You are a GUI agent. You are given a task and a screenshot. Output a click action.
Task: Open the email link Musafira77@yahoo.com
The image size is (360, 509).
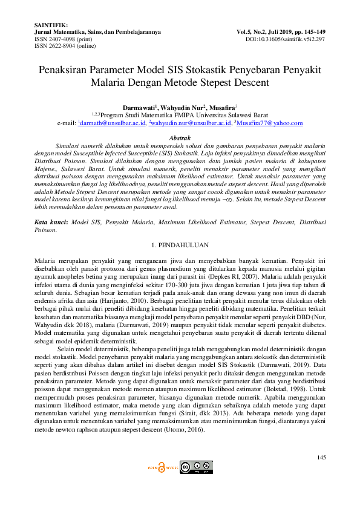(269, 123)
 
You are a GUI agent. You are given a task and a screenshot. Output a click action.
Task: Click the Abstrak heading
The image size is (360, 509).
(180, 138)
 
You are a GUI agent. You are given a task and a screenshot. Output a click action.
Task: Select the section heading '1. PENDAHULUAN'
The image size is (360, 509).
(180, 245)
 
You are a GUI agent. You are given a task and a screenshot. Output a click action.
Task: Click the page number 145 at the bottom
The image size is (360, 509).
(321, 457)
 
